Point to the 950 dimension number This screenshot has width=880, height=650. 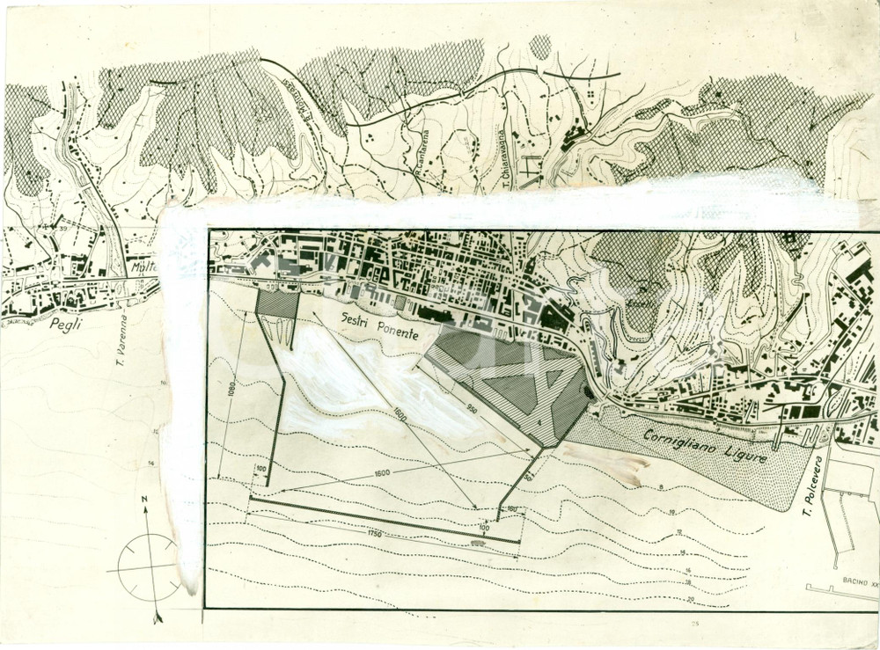[x=473, y=407]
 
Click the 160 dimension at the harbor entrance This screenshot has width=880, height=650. [x=512, y=509]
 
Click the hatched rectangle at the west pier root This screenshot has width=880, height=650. [x=277, y=302]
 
